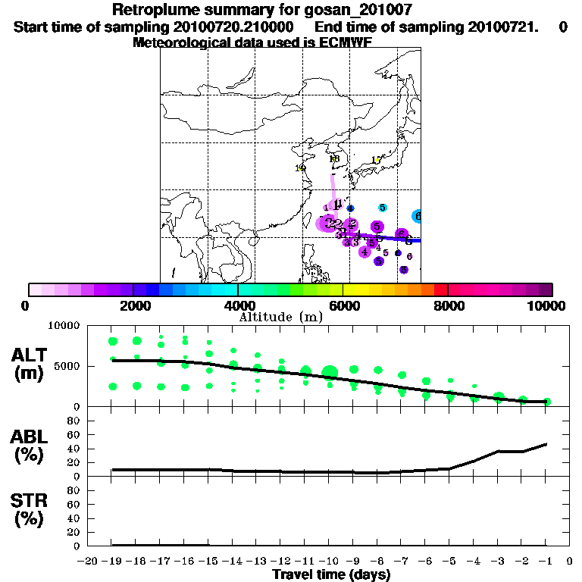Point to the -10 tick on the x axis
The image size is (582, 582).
click(x=330, y=562)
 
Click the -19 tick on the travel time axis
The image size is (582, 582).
click(x=113, y=562)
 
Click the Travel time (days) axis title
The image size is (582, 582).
click(x=331, y=574)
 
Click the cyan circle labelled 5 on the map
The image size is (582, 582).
click(x=383, y=208)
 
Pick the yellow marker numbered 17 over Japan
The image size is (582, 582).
click(x=377, y=160)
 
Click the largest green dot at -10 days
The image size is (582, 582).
click(x=330, y=371)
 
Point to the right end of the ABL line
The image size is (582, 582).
click(x=546, y=444)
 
